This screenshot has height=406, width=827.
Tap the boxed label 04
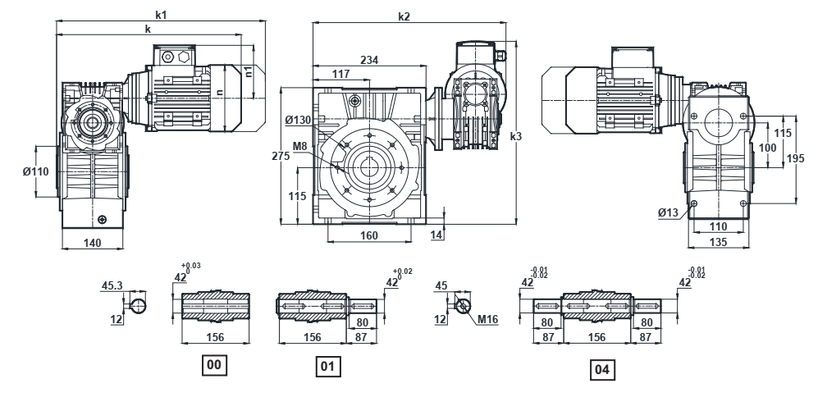[601, 370]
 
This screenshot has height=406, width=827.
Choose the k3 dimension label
[515, 136]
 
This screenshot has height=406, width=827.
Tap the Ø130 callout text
[298, 121]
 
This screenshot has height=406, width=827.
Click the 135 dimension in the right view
[720, 243]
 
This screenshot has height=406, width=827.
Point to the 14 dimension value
[436, 235]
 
